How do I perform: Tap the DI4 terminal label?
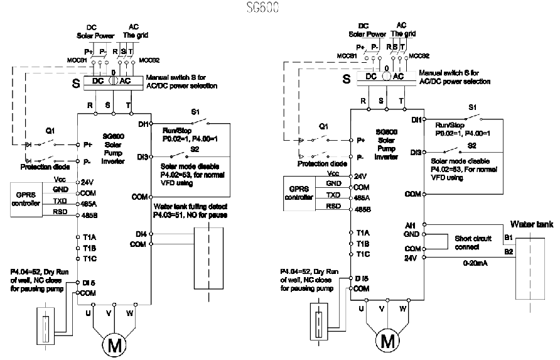click(x=141, y=234)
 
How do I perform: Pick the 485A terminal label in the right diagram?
click(x=362, y=197)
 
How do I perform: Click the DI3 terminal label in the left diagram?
click(x=142, y=156)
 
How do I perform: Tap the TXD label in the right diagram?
click(x=333, y=195)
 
